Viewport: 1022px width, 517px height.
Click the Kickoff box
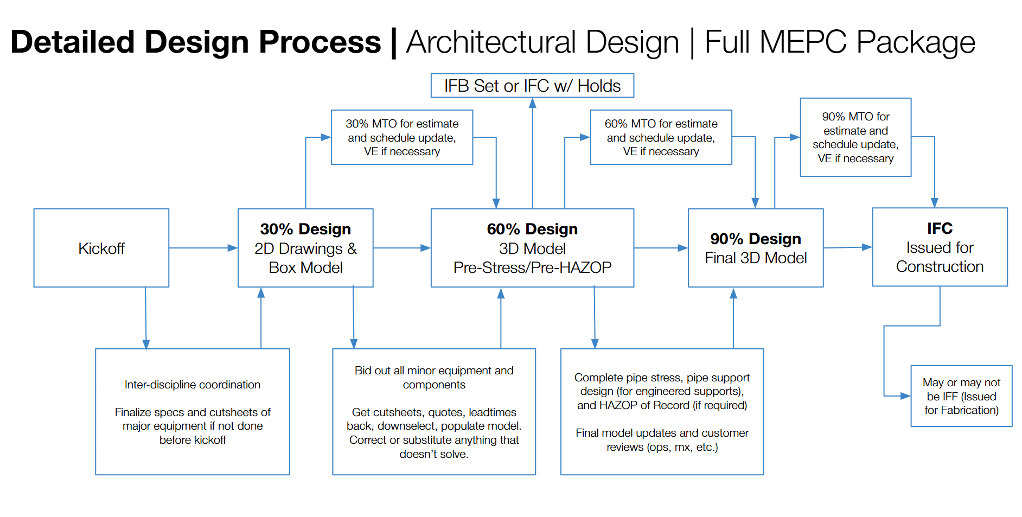tap(101, 248)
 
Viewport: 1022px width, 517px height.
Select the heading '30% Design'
tap(305, 229)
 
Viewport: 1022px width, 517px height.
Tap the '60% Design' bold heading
tap(532, 229)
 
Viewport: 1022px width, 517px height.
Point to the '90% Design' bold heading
tap(755, 239)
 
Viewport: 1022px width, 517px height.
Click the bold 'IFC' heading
tap(940, 228)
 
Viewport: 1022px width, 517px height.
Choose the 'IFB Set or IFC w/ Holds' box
tap(532, 86)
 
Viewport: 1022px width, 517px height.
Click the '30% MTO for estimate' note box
tap(402, 137)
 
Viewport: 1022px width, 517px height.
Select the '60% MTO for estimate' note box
tap(661, 137)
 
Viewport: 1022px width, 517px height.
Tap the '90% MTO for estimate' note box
tap(855, 137)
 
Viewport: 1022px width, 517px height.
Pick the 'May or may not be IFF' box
tap(961, 396)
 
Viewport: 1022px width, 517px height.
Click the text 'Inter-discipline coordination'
tap(193, 385)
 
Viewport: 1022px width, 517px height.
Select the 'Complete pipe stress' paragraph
tap(662, 391)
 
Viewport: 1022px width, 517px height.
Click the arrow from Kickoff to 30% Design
tap(203, 248)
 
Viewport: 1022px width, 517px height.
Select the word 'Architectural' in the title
tap(542, 42)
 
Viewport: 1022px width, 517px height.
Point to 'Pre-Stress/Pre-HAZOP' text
tap(532, 267)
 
